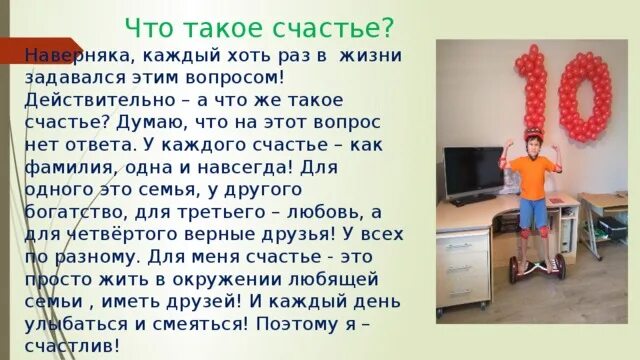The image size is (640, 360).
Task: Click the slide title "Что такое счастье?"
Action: click(259, 24)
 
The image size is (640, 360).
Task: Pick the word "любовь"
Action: click(315, 211)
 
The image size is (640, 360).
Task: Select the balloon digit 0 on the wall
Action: click(584, 98)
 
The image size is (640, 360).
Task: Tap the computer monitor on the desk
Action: click(473, 174)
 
